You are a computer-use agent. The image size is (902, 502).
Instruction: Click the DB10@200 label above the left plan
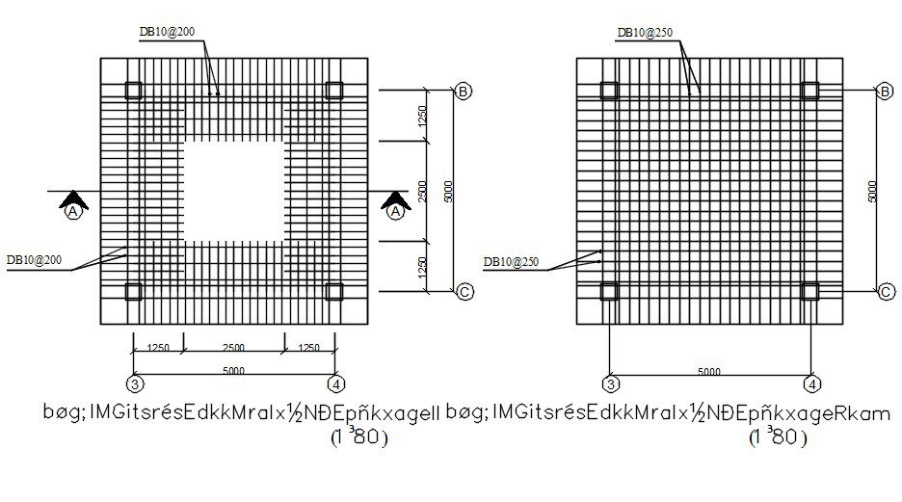(x=167, y=31)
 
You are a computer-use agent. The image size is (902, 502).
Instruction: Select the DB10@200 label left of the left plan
(x=35, y=260)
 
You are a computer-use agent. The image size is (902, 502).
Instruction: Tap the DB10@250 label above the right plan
(x=645, y=33)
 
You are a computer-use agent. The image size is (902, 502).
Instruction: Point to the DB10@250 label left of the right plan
(x=510, y=261)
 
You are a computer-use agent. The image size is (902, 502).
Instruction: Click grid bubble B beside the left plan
(x=464, y=92)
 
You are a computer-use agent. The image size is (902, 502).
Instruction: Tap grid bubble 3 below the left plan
(x=134, y=384)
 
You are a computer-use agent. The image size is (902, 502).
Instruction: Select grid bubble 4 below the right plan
(x=812, y=384)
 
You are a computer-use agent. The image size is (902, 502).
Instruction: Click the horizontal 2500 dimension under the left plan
(x=233, y=348)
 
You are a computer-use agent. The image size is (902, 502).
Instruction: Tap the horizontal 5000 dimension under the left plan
(x=233, y=371)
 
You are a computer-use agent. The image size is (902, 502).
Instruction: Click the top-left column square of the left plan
(x=133, y=91)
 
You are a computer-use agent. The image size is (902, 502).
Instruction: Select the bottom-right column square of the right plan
(x=810, y=291)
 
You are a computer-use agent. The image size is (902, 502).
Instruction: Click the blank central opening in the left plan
(x=233, y=192)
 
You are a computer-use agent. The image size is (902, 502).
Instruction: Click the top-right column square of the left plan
(x=334, y=91)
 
